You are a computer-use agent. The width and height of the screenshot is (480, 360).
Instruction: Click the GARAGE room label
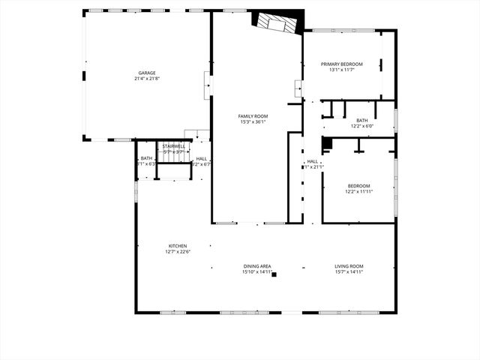point(146,73)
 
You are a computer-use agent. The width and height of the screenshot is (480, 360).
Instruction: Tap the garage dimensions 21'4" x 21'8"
point(146,79)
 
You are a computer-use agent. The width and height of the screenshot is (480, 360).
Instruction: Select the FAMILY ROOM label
point(253,116)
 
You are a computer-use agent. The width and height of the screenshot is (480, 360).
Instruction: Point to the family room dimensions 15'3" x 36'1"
point(253,122)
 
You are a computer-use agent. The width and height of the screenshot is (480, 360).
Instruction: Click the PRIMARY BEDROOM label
point(341,64)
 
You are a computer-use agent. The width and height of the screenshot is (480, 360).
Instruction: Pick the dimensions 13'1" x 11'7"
point(341,70)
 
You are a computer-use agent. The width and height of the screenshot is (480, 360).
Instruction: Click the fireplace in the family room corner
point(277,23)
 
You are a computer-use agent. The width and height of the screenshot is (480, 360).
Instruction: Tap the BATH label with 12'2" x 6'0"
point(362,121)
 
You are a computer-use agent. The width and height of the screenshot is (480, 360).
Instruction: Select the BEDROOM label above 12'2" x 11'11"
point(358,186)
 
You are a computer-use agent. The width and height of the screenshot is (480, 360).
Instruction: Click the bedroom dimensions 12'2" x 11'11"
point(358,192)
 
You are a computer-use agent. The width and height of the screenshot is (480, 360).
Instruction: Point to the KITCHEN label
point(178,246)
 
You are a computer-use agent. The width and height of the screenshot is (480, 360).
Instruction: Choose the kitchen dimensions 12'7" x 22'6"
point(178,252)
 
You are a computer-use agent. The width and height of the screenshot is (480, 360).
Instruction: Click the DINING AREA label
point(256,266)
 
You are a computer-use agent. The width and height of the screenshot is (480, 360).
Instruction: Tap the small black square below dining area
point(274,275)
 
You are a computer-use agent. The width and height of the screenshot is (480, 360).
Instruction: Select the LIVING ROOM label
point(349,266)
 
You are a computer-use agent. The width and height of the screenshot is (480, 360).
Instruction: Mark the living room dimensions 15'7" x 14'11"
point(349,272)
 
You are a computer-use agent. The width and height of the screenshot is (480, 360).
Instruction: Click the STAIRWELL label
point(174,145)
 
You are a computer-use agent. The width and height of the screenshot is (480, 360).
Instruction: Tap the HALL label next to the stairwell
point(202,159)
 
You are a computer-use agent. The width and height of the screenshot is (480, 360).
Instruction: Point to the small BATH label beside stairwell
point(146,158)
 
